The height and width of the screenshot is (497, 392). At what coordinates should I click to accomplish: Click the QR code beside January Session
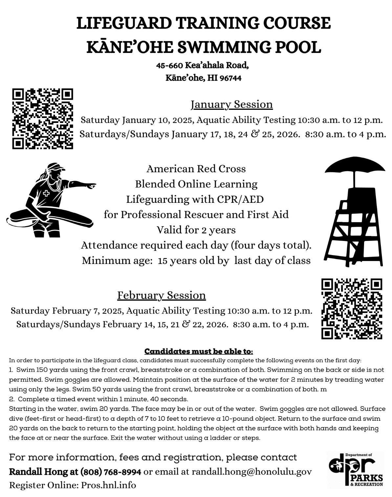click(x=43, y=119)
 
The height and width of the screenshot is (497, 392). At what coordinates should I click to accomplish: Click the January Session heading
click(x=231, y=104)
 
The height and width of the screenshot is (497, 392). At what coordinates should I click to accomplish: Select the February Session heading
click(x=162, y=295)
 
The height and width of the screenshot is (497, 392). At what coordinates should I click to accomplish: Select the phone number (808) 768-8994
click(x=111, y=472)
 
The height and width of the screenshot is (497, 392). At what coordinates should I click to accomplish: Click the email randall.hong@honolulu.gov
click(x=251, y=472)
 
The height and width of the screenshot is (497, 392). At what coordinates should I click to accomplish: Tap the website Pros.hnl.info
click(x=108, y=485)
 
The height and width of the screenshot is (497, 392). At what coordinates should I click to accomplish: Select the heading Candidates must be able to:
click(x=199, y=351)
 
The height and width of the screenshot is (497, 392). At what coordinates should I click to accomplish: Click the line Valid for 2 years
click(x=196, y=230)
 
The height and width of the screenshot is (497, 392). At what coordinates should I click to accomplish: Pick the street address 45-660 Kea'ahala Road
click(x=202, y=65)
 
